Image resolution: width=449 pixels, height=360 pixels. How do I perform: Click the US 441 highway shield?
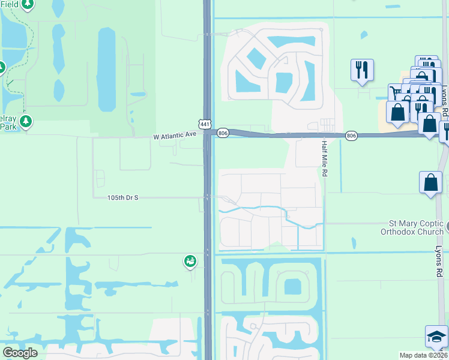click(x=205, y=124)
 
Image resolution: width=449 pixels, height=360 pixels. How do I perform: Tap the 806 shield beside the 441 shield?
click(x=223, y=133)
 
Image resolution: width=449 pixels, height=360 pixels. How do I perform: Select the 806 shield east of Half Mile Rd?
click(x=352, y=136)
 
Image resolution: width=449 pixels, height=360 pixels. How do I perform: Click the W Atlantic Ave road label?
click(x=175, y=136)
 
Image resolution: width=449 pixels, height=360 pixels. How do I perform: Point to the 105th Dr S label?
click(x=123, y=197)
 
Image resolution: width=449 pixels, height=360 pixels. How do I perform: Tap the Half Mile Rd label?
click(x=325, y=158)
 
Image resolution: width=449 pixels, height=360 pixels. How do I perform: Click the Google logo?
click(x=20, y=352)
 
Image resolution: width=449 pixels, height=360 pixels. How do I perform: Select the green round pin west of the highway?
click(x=190, y=261)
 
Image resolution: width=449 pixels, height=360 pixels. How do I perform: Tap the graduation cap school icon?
click(x=436, y=336)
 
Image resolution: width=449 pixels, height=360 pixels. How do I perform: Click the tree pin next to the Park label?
click(x=25, y=122)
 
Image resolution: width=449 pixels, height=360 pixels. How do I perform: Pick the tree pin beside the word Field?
click(x=28, y=5)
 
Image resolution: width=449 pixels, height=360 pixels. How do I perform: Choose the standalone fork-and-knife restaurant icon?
click(x=362, y=70)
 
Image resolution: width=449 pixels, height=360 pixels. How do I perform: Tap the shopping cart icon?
click(x=397, y=92)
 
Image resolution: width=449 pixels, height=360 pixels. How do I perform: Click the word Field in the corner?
click(x=10, y=4)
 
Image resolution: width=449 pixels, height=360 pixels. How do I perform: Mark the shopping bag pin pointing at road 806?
click(x=430, y=124)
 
